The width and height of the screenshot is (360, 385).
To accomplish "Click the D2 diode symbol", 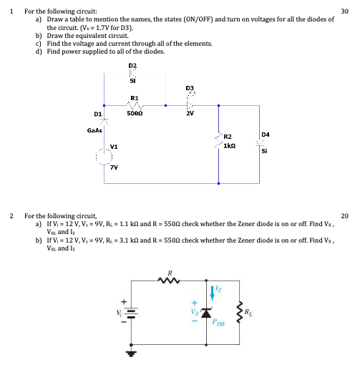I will coord(132,74).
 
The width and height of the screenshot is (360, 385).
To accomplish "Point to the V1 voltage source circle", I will coord(104,156).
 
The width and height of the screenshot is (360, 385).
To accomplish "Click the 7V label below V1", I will coord(114,167).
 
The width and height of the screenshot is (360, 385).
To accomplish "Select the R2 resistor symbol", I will coord(218,140).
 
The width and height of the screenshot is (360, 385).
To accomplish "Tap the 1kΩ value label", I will coord(230,145).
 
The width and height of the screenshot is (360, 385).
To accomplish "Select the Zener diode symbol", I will coord(208,313).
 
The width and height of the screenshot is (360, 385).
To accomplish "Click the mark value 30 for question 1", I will coord(344,11).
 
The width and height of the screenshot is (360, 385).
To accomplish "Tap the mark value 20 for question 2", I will coord(344,215).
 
